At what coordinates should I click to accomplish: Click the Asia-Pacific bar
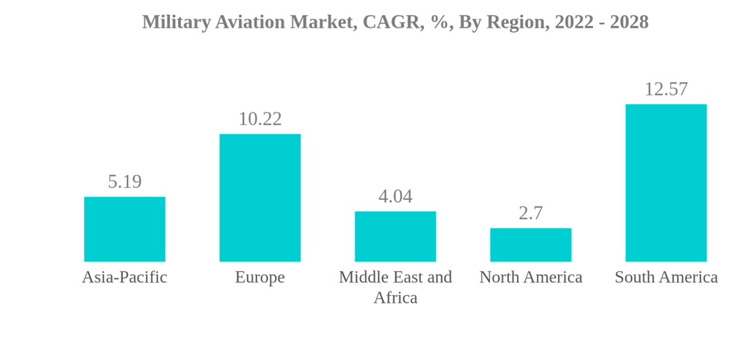[x=124, y=229]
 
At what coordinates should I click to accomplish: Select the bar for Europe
[x=260, y=198]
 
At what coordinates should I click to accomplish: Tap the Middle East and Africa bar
[x=395, y=236]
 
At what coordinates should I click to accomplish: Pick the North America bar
[x=530, y=244]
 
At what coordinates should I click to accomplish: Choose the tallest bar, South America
[x=665, y=183]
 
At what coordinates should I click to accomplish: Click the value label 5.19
[x=124, y=181]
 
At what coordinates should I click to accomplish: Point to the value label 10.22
[x=260, y=119]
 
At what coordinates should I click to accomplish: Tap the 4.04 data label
[x=395, y=196]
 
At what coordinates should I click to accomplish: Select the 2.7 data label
[x=530, y=213]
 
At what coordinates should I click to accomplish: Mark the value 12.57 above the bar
[x=665, y=89]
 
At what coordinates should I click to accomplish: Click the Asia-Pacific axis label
[x=124, y=277]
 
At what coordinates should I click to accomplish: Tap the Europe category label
[x=260, y=277]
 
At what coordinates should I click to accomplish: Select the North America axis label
[x=530, y=277]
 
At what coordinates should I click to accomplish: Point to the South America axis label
[x=666, y=277]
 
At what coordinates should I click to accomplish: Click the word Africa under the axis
[x=395, y=297]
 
